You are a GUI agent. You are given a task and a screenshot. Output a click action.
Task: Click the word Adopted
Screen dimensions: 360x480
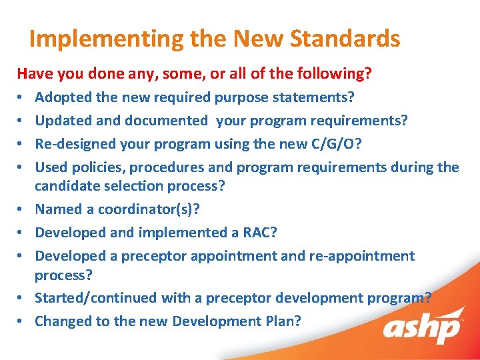(63, 97)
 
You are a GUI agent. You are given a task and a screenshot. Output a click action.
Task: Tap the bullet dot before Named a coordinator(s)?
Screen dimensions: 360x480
(21, 210)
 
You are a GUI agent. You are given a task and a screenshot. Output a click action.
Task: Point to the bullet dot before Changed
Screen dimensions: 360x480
(21, 322)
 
